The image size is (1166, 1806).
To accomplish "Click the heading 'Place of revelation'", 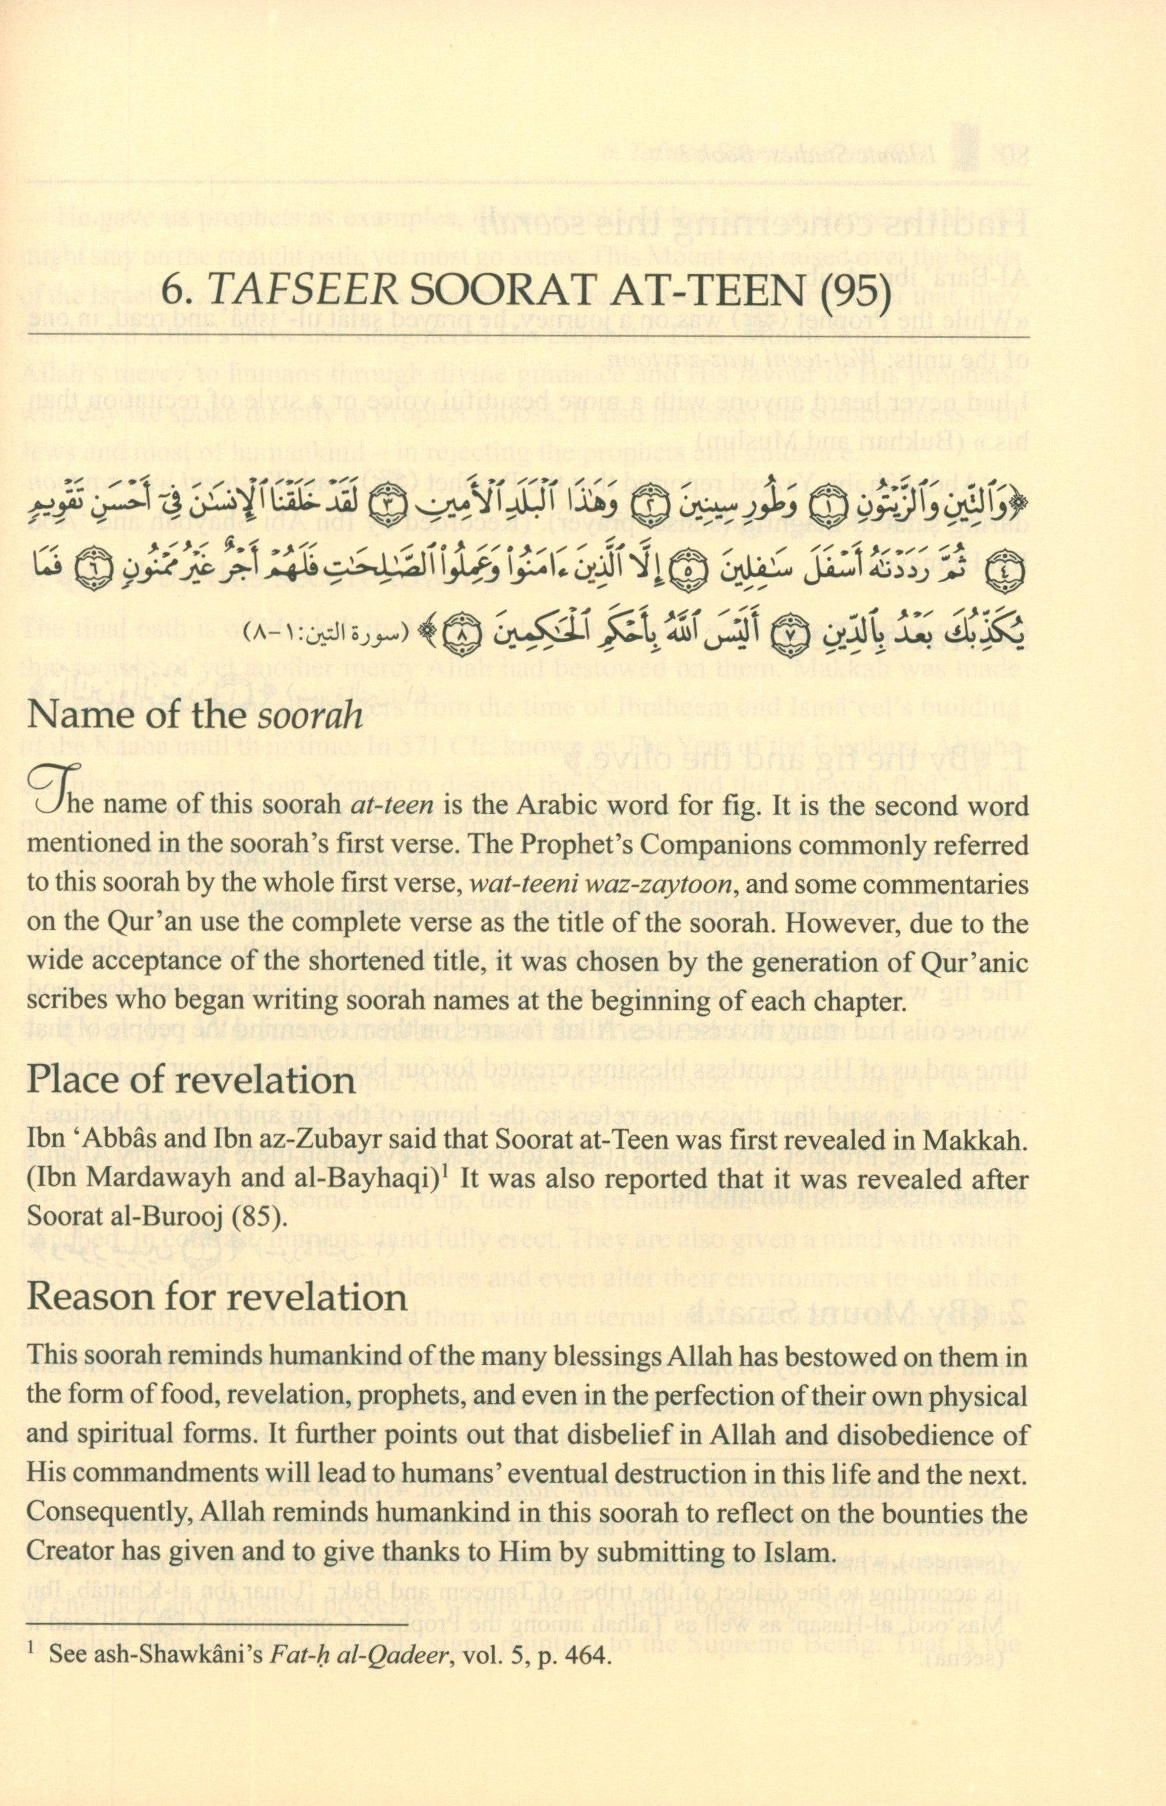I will click(191, 1079).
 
